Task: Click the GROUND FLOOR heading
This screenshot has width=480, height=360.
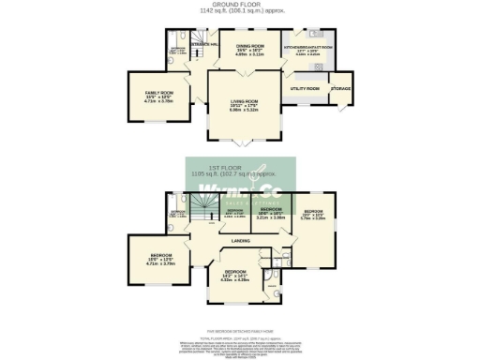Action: click(240, 5)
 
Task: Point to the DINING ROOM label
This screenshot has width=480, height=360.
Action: click(247, 45)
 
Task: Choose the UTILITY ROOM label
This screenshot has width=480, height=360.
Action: click(306, 88)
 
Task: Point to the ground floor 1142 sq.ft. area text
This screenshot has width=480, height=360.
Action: click(240, 11)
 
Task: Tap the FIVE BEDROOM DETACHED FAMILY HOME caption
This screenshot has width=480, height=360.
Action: click(240, 331)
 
